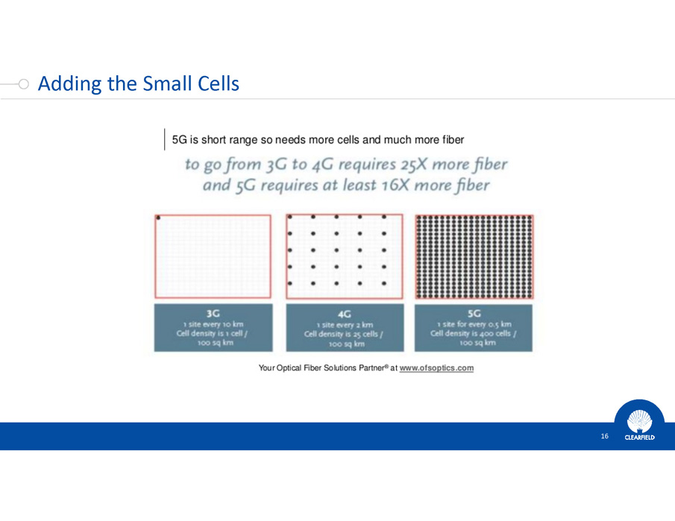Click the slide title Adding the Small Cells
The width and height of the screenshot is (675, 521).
pos(139,83)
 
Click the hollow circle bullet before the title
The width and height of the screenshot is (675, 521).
pos(24,84)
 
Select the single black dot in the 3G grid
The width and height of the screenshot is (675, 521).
pos(158,218)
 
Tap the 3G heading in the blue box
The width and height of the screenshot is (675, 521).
pos(213,314)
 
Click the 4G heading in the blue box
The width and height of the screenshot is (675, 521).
pos(345,315)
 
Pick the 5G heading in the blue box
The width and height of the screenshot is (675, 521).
pos(474,314)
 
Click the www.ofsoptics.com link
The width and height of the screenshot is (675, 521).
pos(436,368)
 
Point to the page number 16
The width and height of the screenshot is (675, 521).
pos(604,436)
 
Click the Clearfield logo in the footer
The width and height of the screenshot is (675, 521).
pos(639,425)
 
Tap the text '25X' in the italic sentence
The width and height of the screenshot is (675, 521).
pos(414,164)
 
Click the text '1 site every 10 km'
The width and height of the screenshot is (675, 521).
pos(213,324)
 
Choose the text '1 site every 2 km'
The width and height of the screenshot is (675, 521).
pos(345,325)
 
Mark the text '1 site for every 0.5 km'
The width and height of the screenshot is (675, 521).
pos(474,324)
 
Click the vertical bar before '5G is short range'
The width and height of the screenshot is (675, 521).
pos(164,139)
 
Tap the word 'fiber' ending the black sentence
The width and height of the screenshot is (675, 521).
pos(452,140)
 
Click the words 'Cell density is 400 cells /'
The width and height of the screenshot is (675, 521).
pos(474,333)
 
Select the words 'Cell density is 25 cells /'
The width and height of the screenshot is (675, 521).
pos(344,334)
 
